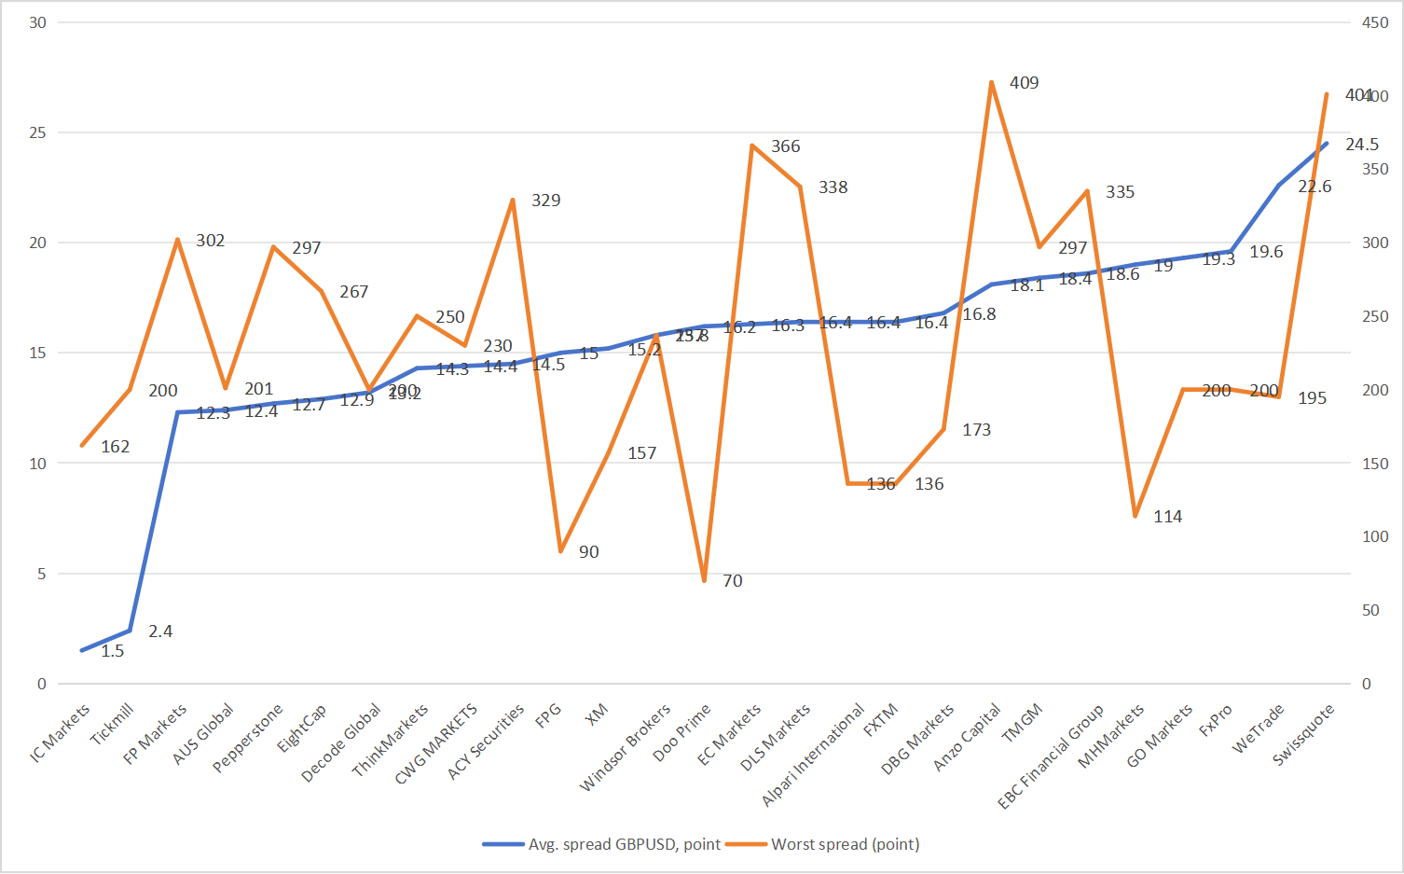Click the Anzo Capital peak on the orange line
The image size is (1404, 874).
tap(991, 82)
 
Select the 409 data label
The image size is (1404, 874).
tap(1024, 83)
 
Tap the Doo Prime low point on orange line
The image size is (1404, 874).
tap(704, 580)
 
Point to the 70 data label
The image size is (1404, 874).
tap(733, 581)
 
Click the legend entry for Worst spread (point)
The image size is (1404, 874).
tap(845, 844)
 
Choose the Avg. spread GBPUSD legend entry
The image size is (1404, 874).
tap(624, 844)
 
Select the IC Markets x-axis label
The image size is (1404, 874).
tap(61, 732)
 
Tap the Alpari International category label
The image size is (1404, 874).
tap(814, 755)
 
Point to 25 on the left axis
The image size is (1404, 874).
tap(37, 132)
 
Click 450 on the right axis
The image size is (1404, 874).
tap(1375, 22)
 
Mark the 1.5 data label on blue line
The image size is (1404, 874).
tap(113, 651)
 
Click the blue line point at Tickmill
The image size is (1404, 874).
tap(130, 631)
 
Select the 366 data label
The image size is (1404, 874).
tap(785, 146)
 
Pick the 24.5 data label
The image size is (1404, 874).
tap(1361, 145)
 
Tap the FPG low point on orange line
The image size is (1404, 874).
tap(560, 551)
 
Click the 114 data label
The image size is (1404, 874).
tap(1167, 517)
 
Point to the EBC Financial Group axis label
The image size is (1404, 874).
tap(1052, 756)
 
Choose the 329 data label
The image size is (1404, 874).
tap(545, 201)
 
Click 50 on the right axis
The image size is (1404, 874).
tap(1370, 610)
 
